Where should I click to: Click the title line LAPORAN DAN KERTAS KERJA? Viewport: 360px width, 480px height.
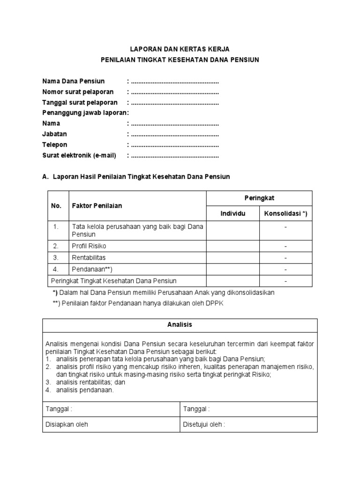pyautogui.click(x=180, y=49)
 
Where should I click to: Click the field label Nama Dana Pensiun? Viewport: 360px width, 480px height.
pyautogui.click(x=74, y=81)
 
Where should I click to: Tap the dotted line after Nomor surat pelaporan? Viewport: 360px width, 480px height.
pyautogui.click(x=175, y=92)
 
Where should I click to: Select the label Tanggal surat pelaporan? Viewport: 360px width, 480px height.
pyautogui.click(x=80, y=102)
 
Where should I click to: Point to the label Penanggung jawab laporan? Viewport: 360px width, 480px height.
pyautogui.click(x=85, y=113)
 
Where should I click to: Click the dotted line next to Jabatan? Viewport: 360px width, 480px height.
pyautogui.click(x=175, y=134)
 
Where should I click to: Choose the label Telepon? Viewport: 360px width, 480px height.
pyautogui.click(x=55, y=145)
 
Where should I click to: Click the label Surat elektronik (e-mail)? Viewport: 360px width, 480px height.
pyautogui.click(x=79, y=155)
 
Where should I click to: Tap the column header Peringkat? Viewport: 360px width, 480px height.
pyautogui.click(x=259, y=198)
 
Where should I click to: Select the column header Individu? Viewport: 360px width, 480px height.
pyautogui.click(x=233, y=214)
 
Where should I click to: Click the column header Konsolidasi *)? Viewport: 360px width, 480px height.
pyautogui.click(x=285, y=214)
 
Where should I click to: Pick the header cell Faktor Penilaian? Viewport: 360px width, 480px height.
pyautogui.click(x=97, y=206)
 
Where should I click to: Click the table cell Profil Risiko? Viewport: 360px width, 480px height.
pyautogui.click(x=89, y=246)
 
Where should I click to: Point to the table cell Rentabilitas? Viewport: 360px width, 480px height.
pyautogui.click(x=89, y=257)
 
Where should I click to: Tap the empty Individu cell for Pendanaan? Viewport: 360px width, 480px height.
pyautogui.click(x=233, y=269)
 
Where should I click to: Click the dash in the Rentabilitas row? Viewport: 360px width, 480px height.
pyautogui.click(x=285, y=257)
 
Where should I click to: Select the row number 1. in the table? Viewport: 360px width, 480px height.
pyautogui.click(x=56, y=226)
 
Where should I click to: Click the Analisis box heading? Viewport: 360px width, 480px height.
pyautogui.click(x=180, y=324)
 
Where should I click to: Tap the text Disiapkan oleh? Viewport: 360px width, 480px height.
pyautogui.click(x=67, y=425)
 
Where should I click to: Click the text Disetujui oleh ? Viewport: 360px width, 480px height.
pyautogui.click(x=204, y=425)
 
